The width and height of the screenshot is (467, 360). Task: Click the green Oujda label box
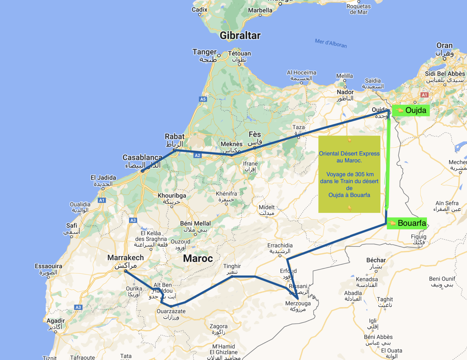coord(411,110)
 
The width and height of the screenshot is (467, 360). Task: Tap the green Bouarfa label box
coord(406,223)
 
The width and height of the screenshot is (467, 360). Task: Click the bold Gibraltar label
coord(240,36)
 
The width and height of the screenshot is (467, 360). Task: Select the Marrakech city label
coord(126,258)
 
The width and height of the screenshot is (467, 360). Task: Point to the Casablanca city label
coord(142,157)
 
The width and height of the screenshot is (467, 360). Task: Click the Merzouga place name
coord(298,303)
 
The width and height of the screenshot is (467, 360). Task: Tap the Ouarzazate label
coord(171,311)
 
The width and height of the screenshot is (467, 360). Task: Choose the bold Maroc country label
coord(198,259)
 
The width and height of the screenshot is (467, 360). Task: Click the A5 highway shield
coord(203,99)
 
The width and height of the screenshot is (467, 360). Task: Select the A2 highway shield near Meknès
coord(197,156)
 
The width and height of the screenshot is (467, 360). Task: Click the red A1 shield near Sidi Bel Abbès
coord(424,95)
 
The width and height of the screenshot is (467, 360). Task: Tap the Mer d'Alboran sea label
coord(331,43)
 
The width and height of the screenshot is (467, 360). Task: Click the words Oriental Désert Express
coord(349,153)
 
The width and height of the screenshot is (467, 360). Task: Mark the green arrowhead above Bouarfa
coord(386,208)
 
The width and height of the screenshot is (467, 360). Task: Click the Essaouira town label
coord(48,266)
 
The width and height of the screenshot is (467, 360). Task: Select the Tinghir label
coord(232,266)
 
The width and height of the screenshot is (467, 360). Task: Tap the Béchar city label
coord(376,260)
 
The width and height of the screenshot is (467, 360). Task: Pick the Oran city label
coord(445,46)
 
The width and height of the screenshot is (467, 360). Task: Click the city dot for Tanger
coord(219,56)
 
